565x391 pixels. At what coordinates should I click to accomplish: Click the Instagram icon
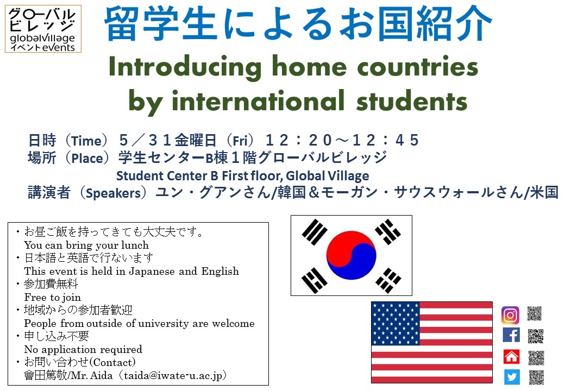click(510, 315)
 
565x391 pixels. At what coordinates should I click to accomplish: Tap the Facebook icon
click(511, 335)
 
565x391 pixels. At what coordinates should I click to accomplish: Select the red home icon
click(511, 356)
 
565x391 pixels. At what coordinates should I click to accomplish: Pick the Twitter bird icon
click(511, 377)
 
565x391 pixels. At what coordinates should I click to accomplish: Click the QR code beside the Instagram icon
click(535, 313)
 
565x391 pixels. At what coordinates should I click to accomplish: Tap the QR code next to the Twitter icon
click(536, 377)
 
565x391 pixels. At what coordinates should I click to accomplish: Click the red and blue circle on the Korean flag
click(351, 255)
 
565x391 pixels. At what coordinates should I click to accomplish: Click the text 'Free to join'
click(53, 297)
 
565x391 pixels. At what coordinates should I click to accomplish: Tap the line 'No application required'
click(83, 349)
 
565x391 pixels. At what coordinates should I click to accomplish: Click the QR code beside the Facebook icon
click(536, 336)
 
